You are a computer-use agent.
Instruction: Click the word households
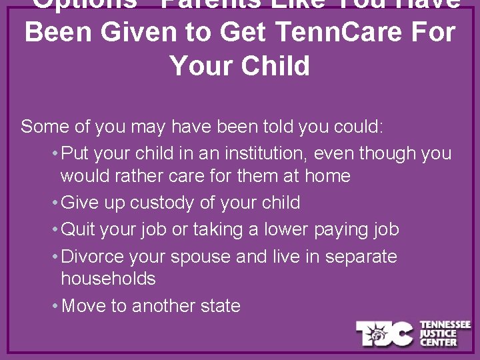[x=108, y=279]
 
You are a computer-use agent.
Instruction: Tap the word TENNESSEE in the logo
[x=445, y=325]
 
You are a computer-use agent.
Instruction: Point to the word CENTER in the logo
[x=438, y=342]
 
